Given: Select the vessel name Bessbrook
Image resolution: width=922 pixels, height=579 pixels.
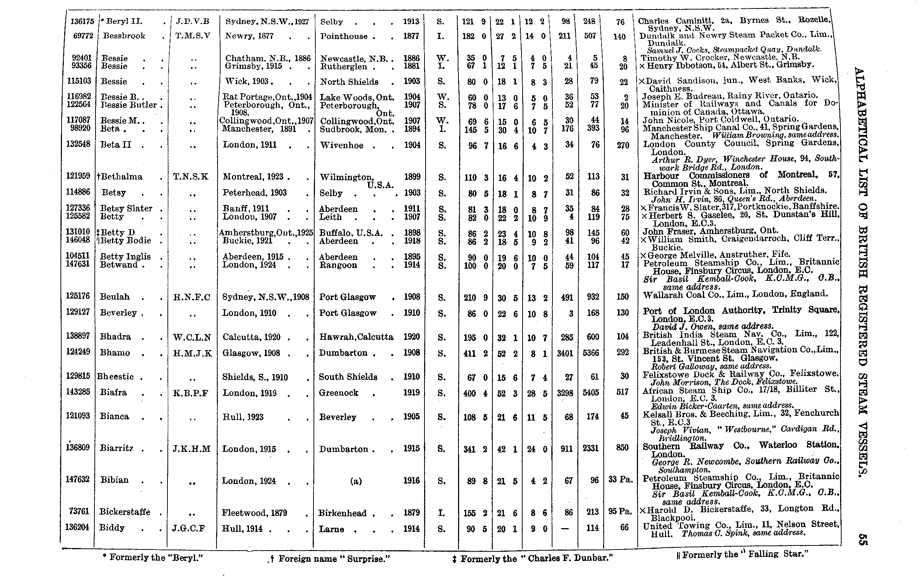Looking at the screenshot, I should [x=124, y=36].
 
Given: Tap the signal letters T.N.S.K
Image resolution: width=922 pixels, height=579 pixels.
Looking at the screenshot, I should [x=191, y=177].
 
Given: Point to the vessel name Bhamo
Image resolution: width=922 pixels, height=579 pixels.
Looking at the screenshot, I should [x=115, y=353].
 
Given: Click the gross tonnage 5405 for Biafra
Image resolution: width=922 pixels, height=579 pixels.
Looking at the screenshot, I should [x=590, y=393].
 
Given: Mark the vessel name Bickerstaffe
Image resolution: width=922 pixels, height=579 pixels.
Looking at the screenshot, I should [x=125, y=512].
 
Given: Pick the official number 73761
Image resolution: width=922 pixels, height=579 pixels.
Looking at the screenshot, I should [x=79, y=512].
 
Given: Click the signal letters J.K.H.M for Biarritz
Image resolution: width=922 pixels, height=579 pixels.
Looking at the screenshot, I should [x=191, y=449].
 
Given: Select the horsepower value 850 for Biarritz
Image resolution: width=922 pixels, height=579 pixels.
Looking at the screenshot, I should [x=622, y=448].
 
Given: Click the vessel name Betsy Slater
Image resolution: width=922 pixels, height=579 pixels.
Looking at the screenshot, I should [x=126, y=209].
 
